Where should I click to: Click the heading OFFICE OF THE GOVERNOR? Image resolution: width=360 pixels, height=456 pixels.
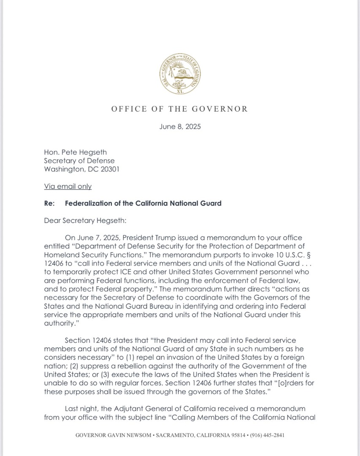pyautogui.click(x=180, y=109)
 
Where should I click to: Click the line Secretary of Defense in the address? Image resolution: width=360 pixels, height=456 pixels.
pyautogui.click(x=79, y=161)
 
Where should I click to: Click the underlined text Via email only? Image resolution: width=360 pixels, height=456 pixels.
pyautogui.click(x=68, y=186)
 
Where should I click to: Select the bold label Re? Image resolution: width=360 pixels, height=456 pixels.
pyautogui.click(x=49, y=203)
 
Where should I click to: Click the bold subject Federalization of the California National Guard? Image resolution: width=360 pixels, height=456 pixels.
pyautogui.click(x=143, y=203)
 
